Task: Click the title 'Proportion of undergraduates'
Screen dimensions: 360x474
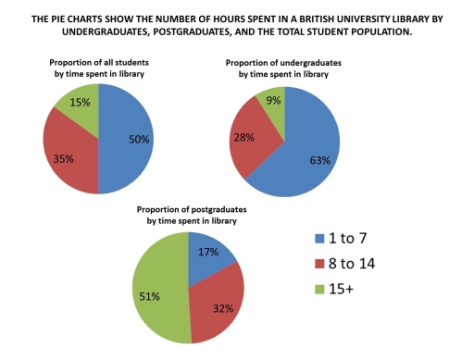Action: click(287, 62)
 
